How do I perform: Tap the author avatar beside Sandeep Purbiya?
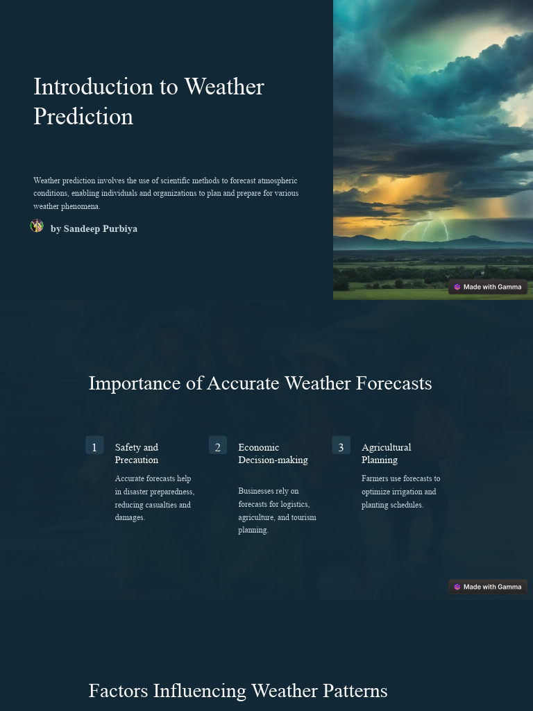click(37, 226)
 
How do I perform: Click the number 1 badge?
click(94, 446)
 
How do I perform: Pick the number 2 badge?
click(218, 446)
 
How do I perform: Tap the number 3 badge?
click(341, 446)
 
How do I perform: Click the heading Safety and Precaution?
click(137, 453)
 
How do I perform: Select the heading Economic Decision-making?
click(273, 453)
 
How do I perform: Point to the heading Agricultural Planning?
click(386, 453)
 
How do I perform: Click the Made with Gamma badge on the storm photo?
click(488, 287)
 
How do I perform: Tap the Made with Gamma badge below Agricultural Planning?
click(488, 587)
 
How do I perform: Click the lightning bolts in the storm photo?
click(425, 227)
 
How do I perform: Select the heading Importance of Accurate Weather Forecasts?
click(260, 383)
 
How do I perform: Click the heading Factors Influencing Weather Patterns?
click(238, 691)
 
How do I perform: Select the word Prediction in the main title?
click(83, 116)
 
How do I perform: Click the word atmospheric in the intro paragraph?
click(277, 181)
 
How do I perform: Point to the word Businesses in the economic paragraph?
click(258, 491)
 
